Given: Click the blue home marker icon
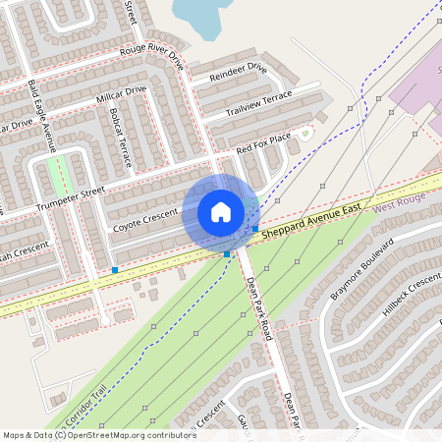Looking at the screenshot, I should tap(221, 212).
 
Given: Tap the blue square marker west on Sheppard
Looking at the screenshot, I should tap(115, 269).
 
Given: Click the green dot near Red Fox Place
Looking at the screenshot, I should tap(304, 132).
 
